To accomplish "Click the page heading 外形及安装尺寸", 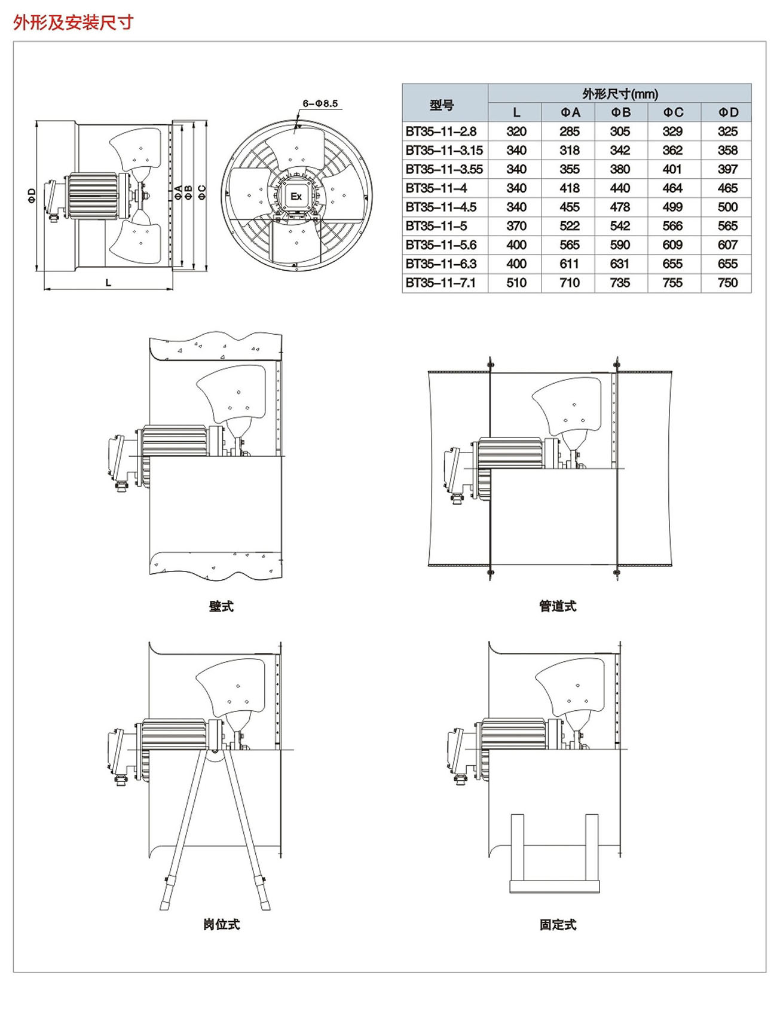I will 73,23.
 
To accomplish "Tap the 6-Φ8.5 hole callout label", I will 320,103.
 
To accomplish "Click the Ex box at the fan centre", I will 296,196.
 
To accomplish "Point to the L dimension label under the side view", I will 108,283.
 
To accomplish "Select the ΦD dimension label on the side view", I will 32,195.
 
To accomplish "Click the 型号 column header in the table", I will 442,105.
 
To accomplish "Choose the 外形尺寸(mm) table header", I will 620,94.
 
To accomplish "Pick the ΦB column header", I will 620,112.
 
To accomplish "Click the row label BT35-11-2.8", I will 441,132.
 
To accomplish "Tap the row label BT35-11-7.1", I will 440,283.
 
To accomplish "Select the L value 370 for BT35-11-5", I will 516,226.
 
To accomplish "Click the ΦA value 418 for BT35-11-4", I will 569,188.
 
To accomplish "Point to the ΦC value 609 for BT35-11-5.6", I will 672,245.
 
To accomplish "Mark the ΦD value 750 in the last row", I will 727,283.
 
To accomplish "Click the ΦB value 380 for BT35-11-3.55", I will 620,169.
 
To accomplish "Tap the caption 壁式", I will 221,606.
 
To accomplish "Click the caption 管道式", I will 557,606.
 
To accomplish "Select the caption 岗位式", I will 221,924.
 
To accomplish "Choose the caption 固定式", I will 557,924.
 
